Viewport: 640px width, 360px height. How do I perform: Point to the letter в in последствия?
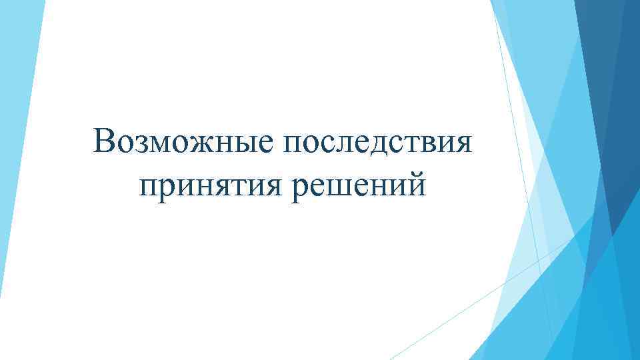[x=427, y=142]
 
